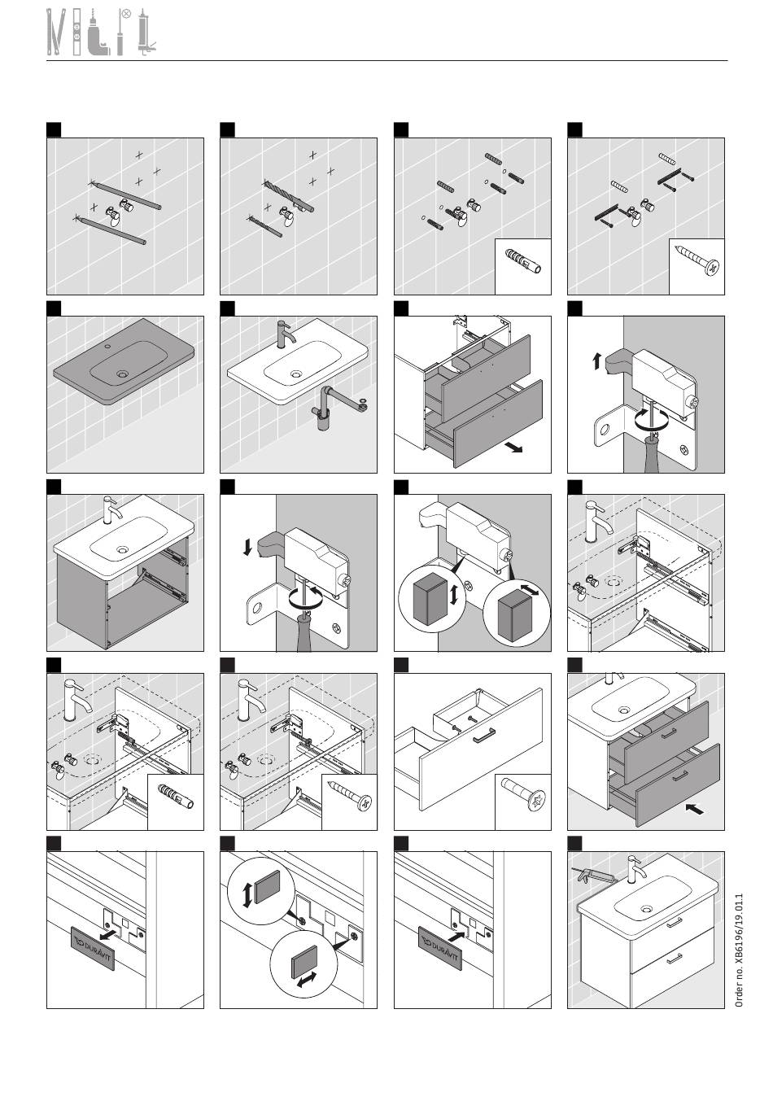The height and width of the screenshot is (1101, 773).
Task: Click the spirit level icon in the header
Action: [x=77, y=32]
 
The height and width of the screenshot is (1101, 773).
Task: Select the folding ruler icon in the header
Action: [x=56, y=32]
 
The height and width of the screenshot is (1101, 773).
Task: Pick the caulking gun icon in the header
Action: [x=146, y=32]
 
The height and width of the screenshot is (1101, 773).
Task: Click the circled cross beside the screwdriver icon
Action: [x=126, y=14]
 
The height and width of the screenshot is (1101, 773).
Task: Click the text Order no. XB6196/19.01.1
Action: [x=739, y=950]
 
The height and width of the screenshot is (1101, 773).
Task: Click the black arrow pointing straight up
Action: [x=596, y=362]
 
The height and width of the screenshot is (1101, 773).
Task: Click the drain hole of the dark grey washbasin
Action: [x=121, y=374]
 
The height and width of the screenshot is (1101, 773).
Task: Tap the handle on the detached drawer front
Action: [x=484, y=736]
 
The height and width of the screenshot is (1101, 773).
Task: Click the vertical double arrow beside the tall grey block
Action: [x=454, y=594]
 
